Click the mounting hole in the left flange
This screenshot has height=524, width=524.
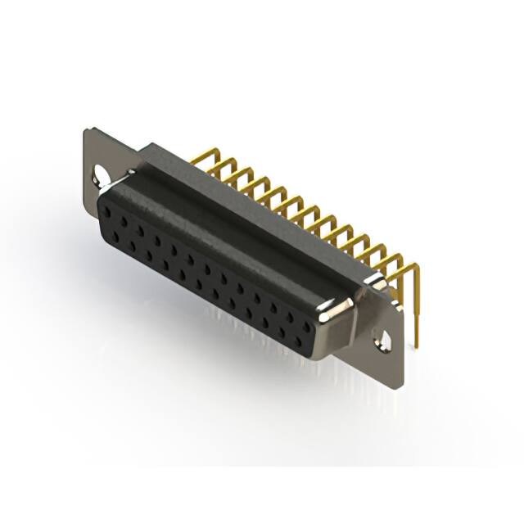tap(101, 174)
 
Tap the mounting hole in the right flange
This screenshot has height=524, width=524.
tap(381, 337)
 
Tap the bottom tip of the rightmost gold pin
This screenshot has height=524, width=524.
tap(417, 344)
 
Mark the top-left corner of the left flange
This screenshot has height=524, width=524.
tap(86, 129)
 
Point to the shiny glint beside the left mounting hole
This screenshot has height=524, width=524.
tap(120, 175)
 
